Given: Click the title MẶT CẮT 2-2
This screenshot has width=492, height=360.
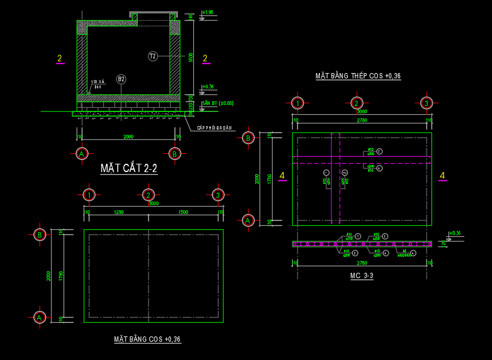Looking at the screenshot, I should click(128, 169).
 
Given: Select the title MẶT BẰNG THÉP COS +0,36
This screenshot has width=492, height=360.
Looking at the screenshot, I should click(358, 76).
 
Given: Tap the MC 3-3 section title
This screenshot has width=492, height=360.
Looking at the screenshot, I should click(361, 276).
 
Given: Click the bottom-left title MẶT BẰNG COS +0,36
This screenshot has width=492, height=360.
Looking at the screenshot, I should click(147, 339).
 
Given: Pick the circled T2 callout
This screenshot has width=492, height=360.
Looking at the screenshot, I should click(153, 56).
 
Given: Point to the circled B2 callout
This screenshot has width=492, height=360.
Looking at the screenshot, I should click(121, 79).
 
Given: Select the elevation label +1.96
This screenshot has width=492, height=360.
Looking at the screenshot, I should click(207, 12).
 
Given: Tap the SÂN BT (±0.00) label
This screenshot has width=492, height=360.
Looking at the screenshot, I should click(217, 103).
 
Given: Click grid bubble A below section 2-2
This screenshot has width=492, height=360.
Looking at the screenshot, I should click(82, 154).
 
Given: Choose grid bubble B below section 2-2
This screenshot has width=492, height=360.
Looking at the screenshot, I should click(174, 154).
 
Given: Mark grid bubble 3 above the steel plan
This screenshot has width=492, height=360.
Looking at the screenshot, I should click(427, 103).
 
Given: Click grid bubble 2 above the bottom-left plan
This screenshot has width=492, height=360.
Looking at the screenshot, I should click(148, 195).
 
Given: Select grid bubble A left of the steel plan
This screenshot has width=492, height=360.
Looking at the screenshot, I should click(248, 220).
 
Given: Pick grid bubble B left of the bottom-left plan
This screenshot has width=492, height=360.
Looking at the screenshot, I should click(39, 235).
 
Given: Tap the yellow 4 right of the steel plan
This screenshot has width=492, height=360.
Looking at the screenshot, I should click(442, 176).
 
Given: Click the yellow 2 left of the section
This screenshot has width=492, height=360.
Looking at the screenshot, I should click(60, 58).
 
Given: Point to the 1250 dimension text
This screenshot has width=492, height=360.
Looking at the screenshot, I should click(119, 212).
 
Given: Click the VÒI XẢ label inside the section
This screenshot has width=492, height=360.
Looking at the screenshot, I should click(97, 82).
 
